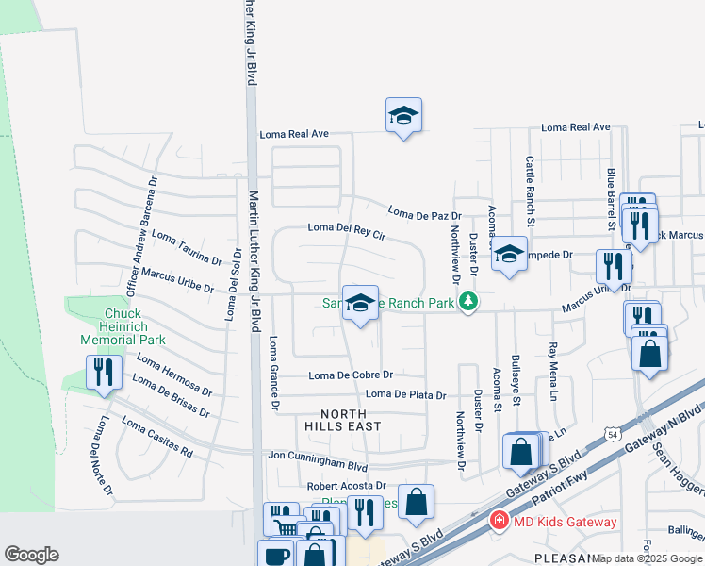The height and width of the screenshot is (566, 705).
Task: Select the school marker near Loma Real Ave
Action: (403, 116)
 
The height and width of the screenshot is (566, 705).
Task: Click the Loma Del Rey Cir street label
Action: (347, 227)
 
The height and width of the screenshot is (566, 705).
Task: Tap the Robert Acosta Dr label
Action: (347, 486)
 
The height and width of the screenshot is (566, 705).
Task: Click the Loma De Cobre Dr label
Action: (351, 375)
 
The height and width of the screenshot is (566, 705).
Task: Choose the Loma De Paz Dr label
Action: (423, 214)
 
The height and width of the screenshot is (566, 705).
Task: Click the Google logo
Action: (31, 555)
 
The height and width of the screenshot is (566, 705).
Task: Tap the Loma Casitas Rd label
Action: (155, 440)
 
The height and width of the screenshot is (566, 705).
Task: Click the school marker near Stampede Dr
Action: (509, 254)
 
